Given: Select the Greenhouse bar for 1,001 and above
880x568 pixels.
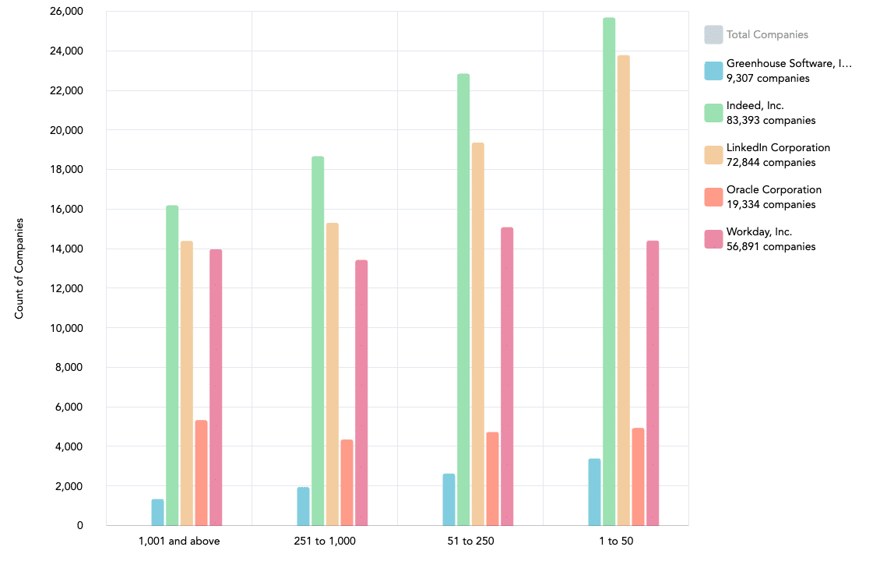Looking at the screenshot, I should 157,512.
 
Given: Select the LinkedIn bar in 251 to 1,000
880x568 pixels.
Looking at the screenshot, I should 333,374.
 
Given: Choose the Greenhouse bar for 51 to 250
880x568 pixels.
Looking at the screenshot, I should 449,499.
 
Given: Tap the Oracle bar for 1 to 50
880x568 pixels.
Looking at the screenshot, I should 638,476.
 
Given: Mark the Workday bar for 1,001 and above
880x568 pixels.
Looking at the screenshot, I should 216,387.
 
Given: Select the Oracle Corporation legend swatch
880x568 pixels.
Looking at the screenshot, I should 713,197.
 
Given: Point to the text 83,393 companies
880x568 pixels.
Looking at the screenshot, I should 770,121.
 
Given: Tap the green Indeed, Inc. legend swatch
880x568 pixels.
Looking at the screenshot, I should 713,113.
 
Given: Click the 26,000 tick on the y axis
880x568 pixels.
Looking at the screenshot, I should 66,12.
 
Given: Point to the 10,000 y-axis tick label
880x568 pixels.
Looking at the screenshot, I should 66,328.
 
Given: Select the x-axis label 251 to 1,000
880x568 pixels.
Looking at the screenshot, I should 324,542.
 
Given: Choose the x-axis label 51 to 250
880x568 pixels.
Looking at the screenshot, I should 470,542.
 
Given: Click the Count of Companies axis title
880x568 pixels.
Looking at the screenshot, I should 19,268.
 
